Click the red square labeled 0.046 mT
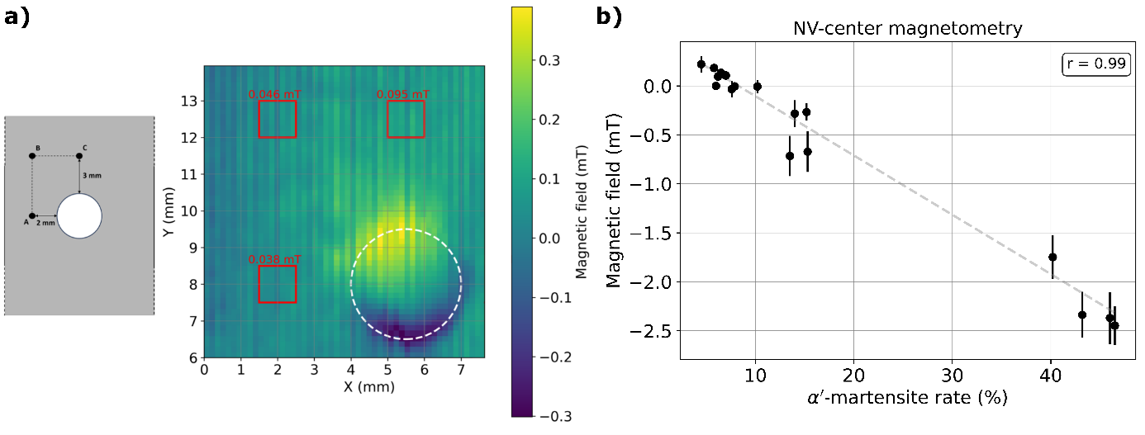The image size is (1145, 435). click(x=277, y=119)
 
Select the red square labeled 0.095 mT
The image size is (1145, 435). click(x=406, y=119)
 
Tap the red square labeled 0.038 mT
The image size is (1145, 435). click(x=277, y=284)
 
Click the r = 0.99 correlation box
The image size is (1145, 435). click(x=1095, y=64)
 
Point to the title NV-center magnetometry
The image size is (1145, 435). click(x=907, y=29)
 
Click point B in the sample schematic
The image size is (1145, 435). click(x=32, y=155)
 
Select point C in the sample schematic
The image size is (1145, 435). click(x=79, y=155)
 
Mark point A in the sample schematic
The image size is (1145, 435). click(x=32, y=216)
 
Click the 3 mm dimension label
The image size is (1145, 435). click(x=93, y=176)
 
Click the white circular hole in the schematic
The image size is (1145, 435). click(x=79, y=216)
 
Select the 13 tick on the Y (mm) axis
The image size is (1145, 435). click(x=189, y=101)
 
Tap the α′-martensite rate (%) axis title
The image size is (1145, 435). click(x=907, y=399)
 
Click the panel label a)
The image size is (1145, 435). click(x=17, y=17)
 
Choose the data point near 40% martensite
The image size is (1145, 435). click(x=1052, y=257)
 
